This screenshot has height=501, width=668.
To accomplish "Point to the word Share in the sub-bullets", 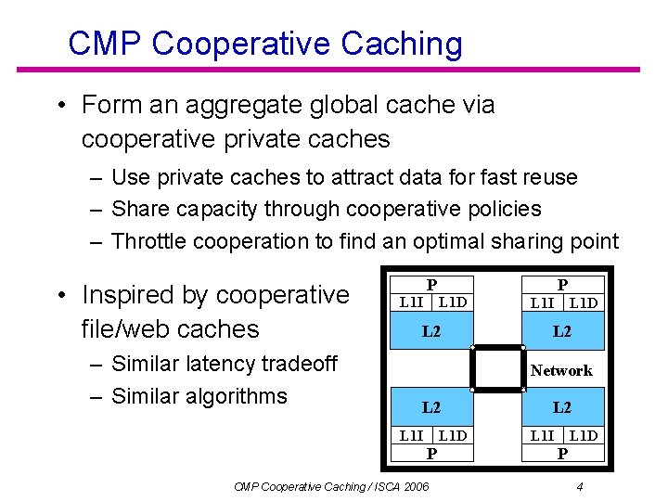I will click(x=138, y=209).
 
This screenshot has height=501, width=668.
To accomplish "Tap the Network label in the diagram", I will click(x=561, y=370).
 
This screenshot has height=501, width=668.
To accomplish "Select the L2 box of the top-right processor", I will click(x=562, y=330).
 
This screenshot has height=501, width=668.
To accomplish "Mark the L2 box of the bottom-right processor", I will click(x=562, y=407).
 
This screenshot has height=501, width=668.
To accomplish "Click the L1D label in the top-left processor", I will click(x=453, y=302).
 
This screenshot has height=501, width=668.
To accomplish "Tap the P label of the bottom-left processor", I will click(x=431, y=453).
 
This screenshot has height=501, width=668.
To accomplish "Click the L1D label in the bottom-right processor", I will click(x=584, y=435).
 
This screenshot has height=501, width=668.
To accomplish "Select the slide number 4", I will click(x=579, y=486).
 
